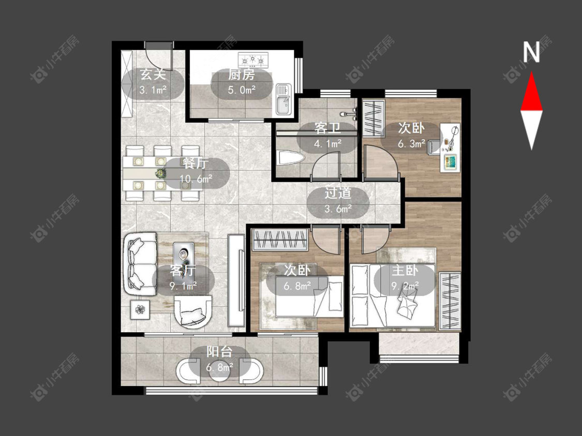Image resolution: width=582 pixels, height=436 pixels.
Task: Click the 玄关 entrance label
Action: [x=153, y=75]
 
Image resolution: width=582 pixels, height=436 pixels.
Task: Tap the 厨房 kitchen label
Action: [x=241, y=75]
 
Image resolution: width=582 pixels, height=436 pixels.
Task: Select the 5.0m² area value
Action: [x=242, y=90]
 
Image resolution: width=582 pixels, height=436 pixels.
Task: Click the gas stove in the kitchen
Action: [x=253, y=58]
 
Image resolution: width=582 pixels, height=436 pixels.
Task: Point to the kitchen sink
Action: [x=283, y=99]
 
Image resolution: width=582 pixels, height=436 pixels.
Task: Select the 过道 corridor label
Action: [x=338, y=194]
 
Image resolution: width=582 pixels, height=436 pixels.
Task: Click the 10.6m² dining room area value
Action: [x=196, y=179]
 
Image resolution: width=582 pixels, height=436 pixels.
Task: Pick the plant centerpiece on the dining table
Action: [x=161, y=173]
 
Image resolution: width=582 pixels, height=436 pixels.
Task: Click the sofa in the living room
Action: [x=141, y=264]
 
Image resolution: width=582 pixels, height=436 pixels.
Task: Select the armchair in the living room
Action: [x=192, y=312]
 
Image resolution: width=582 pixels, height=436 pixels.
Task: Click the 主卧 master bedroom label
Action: [x=405, y=270]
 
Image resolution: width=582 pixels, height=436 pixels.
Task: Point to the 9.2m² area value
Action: [x=405, y=286]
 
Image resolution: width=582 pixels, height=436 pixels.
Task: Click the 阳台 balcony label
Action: [x=219, y=351]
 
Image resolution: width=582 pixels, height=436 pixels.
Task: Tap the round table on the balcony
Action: [x=220, y=371]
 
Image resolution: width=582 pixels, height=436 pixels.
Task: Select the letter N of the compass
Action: [x=531, y=52]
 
